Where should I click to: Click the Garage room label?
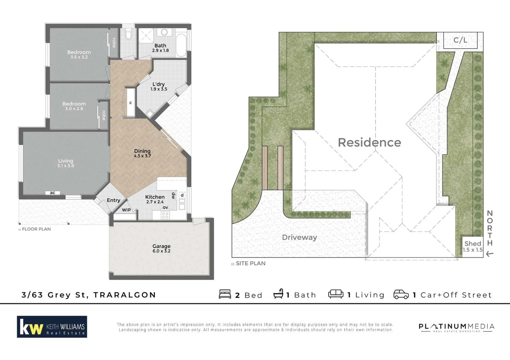(x=161, y=246)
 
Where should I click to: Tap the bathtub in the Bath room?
(x=181, y=45)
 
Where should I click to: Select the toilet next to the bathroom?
(x=128, y=35)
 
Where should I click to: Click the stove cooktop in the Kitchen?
(x=165, y=215)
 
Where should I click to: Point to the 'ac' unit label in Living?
(x=53, y=193)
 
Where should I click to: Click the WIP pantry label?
(x=126, y=210)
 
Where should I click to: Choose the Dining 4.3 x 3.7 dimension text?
(x=142, y=156)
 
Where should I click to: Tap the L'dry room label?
(x=158, y=84)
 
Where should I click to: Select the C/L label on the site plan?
(x=460, y=40)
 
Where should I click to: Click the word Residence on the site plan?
(x=369, y=142)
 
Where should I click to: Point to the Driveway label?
(x=299, y=237)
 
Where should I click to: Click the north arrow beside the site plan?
(x=489, y=254)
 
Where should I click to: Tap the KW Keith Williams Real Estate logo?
(x=52, y=327)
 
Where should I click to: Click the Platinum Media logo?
(x=456, y=327)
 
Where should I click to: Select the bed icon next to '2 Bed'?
(x=225, y=294)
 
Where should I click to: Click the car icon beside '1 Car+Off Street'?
(x=401, y=294)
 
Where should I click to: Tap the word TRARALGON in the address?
(x=125, y=295)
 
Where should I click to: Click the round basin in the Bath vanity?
(x=164, y=32)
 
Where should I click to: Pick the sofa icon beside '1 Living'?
(x=336, y=294)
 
